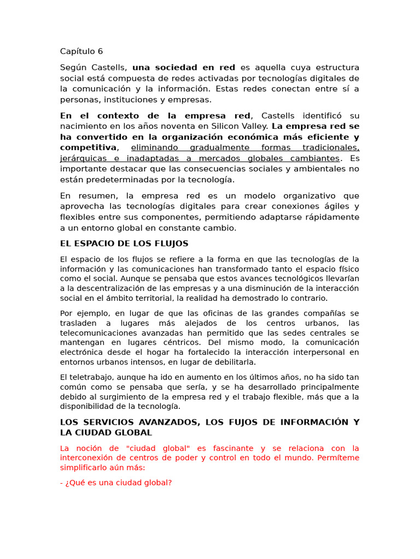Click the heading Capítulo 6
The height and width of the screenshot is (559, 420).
(x=81, y=51)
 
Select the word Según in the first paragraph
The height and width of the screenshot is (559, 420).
(x=73, y=68)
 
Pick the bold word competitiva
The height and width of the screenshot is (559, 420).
(x=88, y=147)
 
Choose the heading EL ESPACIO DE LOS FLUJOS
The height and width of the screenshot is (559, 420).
(x=124, y=243)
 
